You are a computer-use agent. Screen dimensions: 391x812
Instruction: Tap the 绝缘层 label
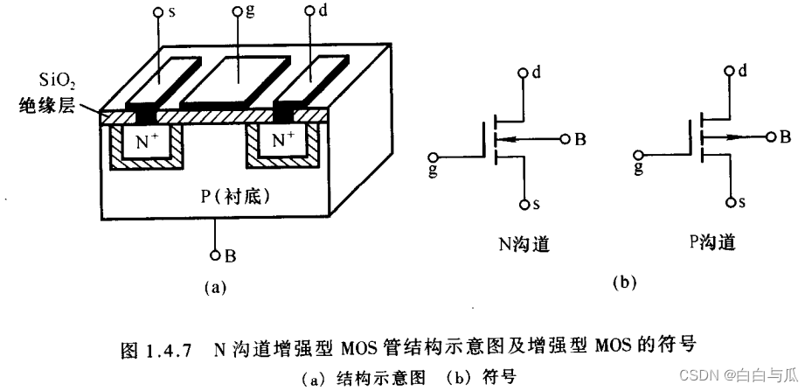click(49, 110)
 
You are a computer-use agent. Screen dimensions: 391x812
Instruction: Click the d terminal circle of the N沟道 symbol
click(523, 73)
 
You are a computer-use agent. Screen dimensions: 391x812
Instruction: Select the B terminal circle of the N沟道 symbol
click(566, 139)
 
